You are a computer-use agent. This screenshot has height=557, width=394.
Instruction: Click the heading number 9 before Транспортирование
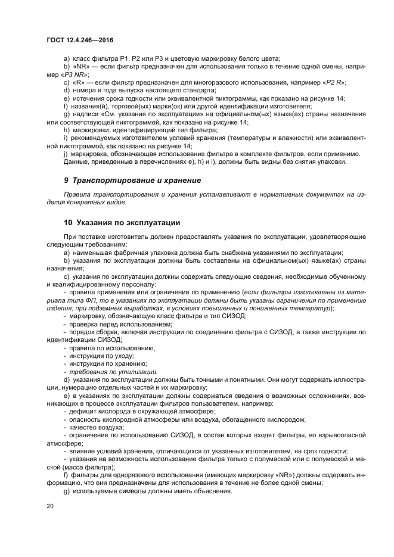(66, 180)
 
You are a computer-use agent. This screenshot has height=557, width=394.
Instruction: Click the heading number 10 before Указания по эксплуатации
(68, 223)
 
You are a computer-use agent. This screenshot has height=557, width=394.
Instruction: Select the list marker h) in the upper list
(66, 130)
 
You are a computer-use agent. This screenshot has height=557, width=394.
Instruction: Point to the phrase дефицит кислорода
(97, 411)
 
